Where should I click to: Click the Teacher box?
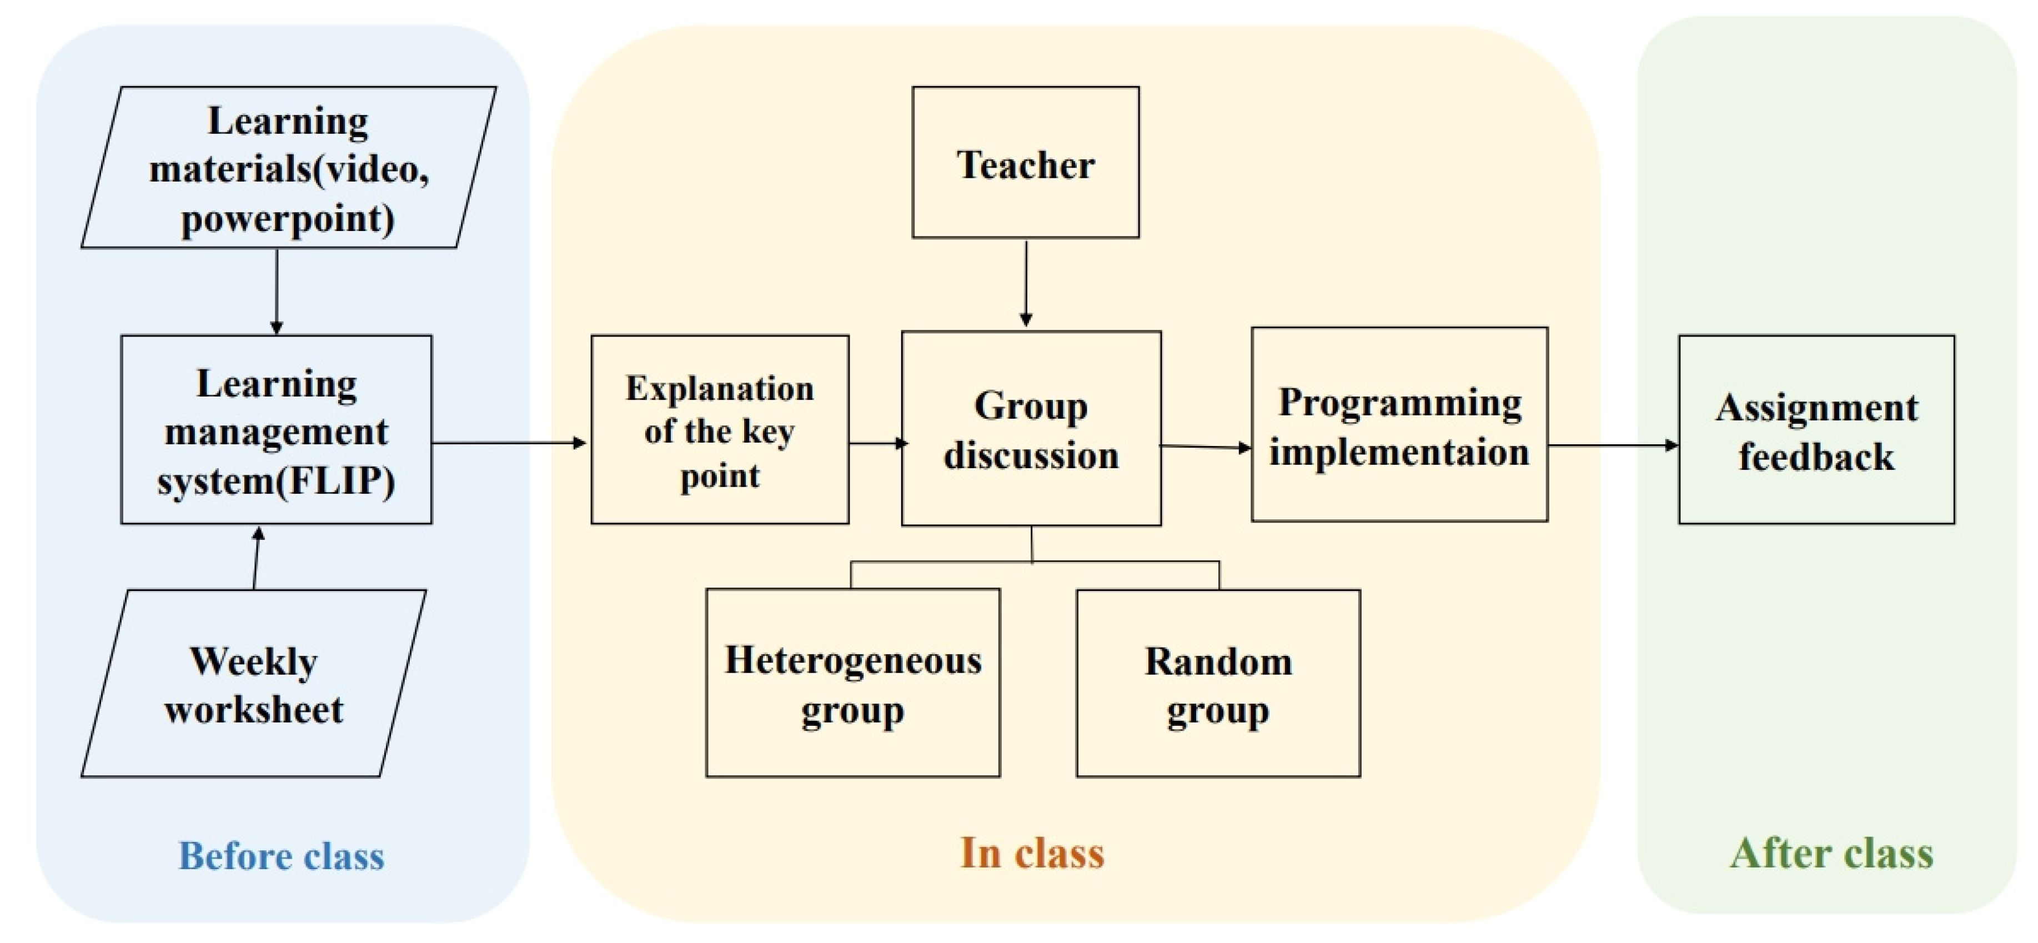tap(1025, 162)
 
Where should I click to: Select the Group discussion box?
tap(1031, 428)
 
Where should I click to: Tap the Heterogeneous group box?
tap(853, 683)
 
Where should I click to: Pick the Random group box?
tap(1218, 683)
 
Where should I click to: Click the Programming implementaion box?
tap(1399, 425)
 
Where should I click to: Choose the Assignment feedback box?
tap(1816, 430)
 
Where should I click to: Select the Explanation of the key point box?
tap(720, 430)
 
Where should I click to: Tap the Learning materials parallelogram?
tap(289, 168)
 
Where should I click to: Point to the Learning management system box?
tap(276, 430)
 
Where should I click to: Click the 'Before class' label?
tap(282, 856)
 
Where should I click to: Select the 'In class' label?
tap(1032, 854)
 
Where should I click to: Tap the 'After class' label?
tap(1831, 854)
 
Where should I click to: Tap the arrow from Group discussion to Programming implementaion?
tap(1206, 447)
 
